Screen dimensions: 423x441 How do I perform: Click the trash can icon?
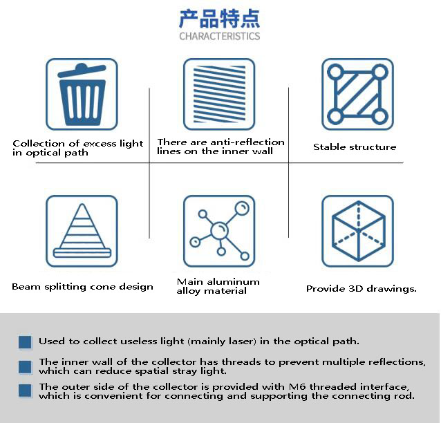coord(82,94)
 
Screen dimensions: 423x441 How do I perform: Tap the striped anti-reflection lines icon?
coord(219,94)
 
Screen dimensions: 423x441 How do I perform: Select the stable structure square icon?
coord(357,94)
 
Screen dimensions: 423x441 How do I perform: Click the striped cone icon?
coord(82,231)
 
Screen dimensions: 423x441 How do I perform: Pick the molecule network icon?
coord(219,231)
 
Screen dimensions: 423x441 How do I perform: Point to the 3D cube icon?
coord(357,231)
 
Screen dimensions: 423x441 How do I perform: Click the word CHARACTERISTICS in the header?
coord(220,36)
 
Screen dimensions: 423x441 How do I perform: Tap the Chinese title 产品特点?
coord(220,17)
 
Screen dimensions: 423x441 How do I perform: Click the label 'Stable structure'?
coord(355,147)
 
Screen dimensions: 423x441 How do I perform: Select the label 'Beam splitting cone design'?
coord(82,287)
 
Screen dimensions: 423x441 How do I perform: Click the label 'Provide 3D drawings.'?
coord(362,289)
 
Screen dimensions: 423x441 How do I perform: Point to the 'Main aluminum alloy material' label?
coord(218,286)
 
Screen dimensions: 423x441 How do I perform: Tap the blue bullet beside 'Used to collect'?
coord(26,342)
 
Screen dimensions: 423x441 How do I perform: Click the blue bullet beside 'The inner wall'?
coord(26,367)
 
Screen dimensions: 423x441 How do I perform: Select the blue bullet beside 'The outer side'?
coord(26,391)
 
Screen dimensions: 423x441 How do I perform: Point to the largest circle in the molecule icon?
coord(220,229)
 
